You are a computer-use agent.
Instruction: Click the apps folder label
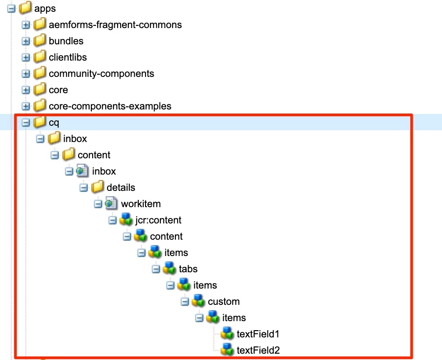[x=45, y=8]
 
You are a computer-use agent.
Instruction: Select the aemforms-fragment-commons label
[x=115, y=24]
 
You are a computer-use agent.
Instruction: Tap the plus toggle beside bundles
[x=26, y=41]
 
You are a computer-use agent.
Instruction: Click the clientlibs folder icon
[x=40, y=57]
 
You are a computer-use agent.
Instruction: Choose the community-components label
[x=101, y=73]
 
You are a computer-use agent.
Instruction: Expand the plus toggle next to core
[x=26, y=90]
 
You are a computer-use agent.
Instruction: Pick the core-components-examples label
[x=110, y=106]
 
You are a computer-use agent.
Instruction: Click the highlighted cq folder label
[x=54, y=122]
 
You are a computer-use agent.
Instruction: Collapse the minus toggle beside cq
[x=26, y=123]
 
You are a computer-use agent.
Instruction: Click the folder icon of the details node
[x=98, y=187]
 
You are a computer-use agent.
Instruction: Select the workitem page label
[x=141, y=204]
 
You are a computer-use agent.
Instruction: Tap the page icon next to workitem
[x=112, y=204]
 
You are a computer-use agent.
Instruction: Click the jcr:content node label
[x=158, y=220]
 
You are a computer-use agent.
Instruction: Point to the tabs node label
[x=188, y=269]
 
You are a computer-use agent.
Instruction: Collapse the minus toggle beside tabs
[x=156, y=269]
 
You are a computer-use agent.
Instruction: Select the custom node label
[x=223, y=301]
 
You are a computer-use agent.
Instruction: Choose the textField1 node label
[x=258, y=334]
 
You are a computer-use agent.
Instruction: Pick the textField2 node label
[x=259, y=350]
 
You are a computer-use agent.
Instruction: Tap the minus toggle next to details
[x=84, y=188]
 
